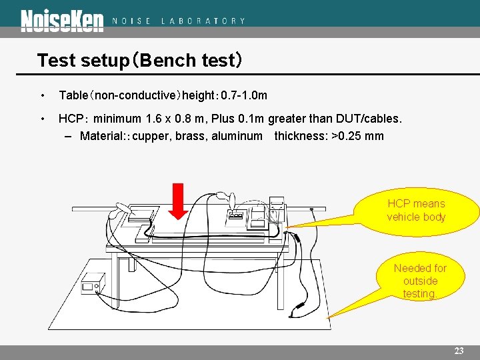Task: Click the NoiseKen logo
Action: [62, 21]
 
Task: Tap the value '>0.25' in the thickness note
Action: [347, 136]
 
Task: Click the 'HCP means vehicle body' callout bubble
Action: [416, 211]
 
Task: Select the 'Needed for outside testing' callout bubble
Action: [420, 281]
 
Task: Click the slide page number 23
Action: [459, 351]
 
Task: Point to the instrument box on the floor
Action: [93, 285]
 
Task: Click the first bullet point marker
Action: [43, 96]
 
